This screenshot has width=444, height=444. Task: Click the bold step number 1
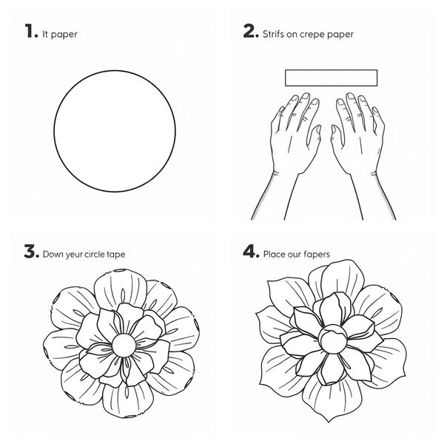pos(30,30)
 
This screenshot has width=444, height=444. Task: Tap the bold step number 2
pos(249,31)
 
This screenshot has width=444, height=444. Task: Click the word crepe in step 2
pos(312,35)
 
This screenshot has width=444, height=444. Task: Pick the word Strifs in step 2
pos(273,34)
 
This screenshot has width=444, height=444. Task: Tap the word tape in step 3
pos(116,255)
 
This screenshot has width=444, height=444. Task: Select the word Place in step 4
pos(274,254)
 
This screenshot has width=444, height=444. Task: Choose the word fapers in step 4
pos(317,254)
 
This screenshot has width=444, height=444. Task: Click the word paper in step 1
pos(64,35)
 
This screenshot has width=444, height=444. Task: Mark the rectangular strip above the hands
pos(331,78)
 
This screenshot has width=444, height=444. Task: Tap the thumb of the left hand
pos(315,136)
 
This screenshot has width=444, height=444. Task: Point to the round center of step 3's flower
pos(124,346)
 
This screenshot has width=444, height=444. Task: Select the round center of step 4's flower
pos(333,340)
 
